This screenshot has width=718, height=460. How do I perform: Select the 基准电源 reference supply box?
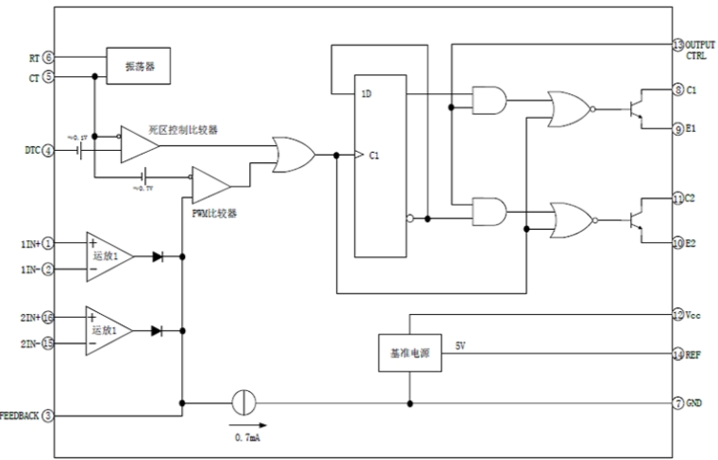(409, 353)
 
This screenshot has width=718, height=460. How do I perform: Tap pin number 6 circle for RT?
(48, 58)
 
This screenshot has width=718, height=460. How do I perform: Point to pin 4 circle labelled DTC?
(48, 150)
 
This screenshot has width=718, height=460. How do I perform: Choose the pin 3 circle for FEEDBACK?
(48, 414)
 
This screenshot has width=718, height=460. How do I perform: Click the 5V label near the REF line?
(460, 346)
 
